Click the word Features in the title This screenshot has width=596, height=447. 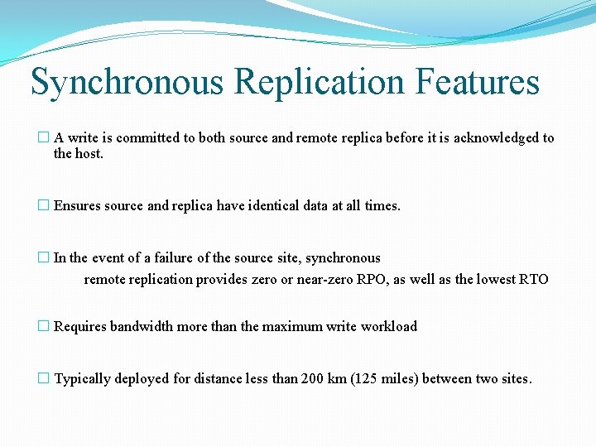click(x=478, y=82)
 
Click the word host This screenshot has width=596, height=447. click(x=89, y=154)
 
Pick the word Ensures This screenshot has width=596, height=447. click(x=78, y=206)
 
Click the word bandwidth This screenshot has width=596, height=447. click(x=142, y=326)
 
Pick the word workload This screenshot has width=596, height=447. click(x=388, y=326)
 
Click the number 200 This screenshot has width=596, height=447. click(x=314, y=379)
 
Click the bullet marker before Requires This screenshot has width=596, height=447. click(x=44, y=326)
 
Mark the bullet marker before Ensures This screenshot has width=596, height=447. click(x=44, y=206)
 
